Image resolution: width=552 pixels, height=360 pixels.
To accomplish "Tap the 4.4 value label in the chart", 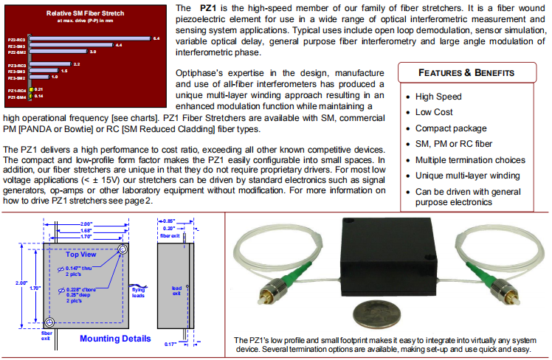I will pyautogui.click(x=119, y=45).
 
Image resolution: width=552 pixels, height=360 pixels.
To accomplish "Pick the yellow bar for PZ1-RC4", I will pyautogui.click(x=30, y=89).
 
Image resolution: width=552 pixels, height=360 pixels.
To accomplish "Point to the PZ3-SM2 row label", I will pyautogui.click(x=17, y=77).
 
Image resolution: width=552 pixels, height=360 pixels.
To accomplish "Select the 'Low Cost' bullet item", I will pyautogui.click(x=433, y=111).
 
